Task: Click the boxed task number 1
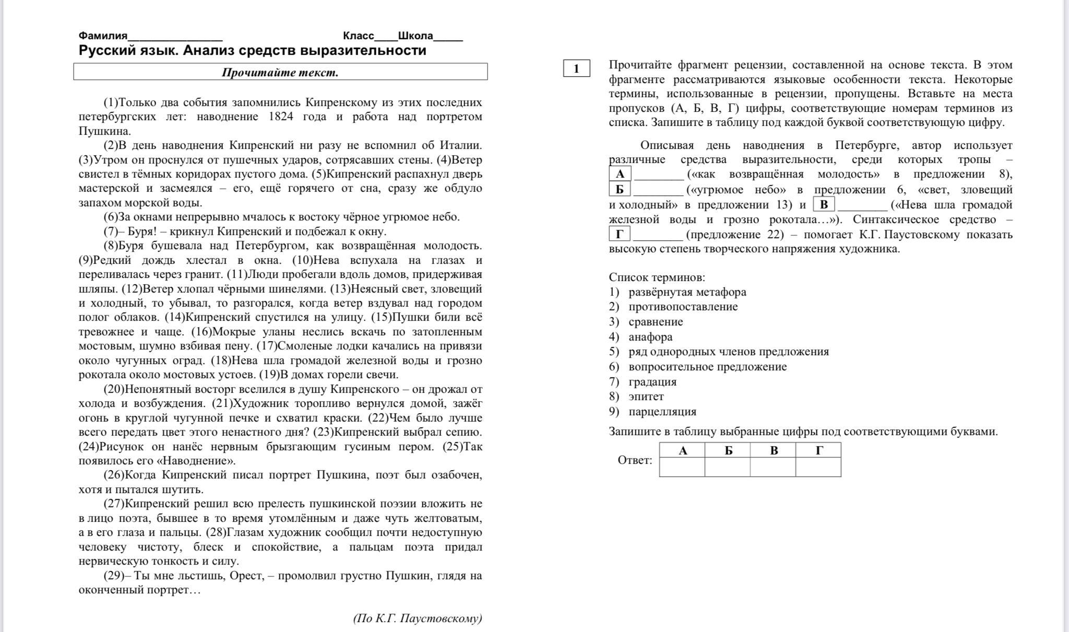pyautogui.click(x=576, y=68)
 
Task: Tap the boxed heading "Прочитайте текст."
pyautogui.click(x=280, y=72)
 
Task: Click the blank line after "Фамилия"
pyautogui.click(x=175, y=37)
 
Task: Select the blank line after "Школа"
pyautogui.click(x=448, y=37)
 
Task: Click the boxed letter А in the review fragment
pyautogui.click(x=620, y=174)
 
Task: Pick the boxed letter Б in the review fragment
pyautogui.click(x=620, y=189)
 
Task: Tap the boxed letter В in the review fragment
pyautogui.click(x=824, y=204)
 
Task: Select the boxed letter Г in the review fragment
pyautogui.click(x=620, y=234)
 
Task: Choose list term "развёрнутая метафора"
pyautogui.click(x=687, y=292)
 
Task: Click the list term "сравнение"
pyautogui.click(x=656, y=322)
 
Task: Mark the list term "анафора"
pyautogui.click(x=650, y=337)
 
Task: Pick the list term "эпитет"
pyautogui.click(x=646, y=396)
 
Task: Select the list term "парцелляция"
pyautogui.click(x=662, y=412)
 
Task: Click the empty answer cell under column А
pyautogui.click(x=682, y=467)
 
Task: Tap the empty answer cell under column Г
pyautogui.click(x=818, y=467)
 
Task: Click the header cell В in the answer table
pyautogui.click(x=773, y=450)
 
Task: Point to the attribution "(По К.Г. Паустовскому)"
pyautogui.click(x=418, y=618)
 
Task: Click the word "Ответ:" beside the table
pyautogui.click(x=635, y=460)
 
